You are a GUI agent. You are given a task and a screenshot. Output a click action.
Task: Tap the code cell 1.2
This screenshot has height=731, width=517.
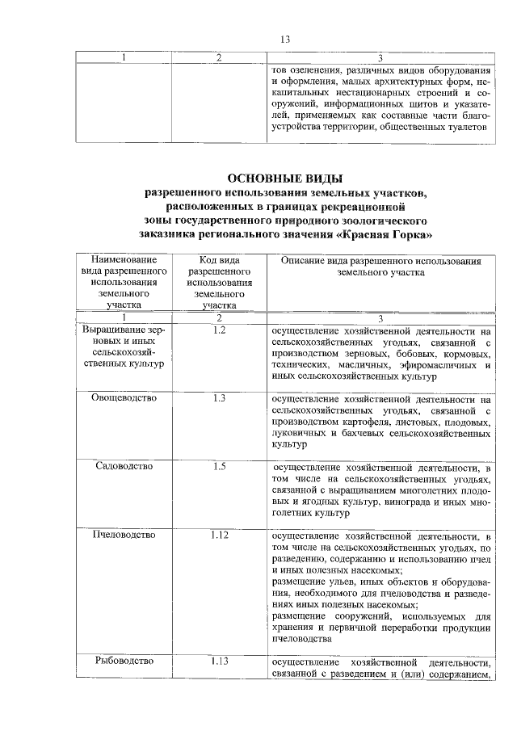coord(214,331)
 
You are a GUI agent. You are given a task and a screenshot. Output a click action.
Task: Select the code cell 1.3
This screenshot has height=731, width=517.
coord(214,398)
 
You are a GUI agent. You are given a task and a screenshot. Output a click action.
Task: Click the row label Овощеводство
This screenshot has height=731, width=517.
coord(124,398)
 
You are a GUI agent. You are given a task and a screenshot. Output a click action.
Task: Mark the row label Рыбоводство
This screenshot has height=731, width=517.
coord(124,661)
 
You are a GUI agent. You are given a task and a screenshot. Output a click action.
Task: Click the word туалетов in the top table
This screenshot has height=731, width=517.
coord(465,127)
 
